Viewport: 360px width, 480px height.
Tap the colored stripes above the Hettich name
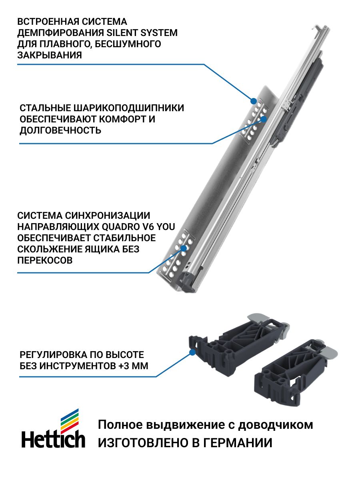pyautogui.click(x=70, y=418)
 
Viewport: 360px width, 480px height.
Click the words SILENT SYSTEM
pyautogui.click(x=142, y=33)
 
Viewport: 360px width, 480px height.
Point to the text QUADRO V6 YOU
pyautogui.click(x=138, y=227)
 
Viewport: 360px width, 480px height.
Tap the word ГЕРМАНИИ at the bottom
pyautogui.click(x=238, y=443)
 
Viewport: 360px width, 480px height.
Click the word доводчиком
pyautogui.click(x=276, y=425)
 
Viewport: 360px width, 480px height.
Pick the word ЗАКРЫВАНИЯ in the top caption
pyautogui.click(x=50, y=55)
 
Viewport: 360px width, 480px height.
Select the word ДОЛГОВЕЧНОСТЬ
pyautogui.click(x=60, y=130)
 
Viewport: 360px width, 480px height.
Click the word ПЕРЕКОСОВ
pyautogui.click(x=45, y=260)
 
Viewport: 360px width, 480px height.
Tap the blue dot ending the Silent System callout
pyautogui.click(x=254, y=101)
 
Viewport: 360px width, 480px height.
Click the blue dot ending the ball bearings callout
pyautogui.click(x=264, y=119)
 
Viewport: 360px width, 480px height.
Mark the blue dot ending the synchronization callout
pyautogui.click(x=184, y=248)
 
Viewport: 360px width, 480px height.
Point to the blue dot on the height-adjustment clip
pyautogui.click(x=192, y=352)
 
